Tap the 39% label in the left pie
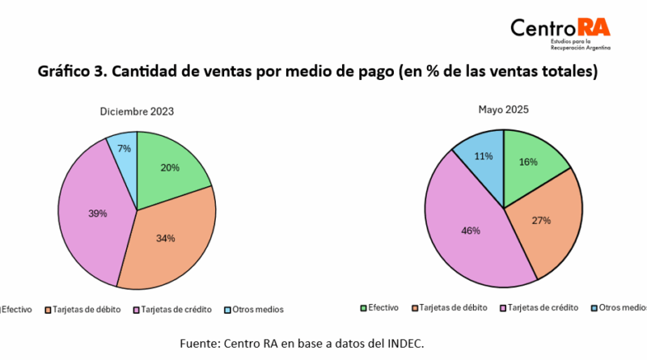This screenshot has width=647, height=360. [x=98, y=214]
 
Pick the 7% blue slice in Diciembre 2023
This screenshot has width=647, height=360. [x=124, y=149]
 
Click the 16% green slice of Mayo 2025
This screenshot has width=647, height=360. [x=528, y=162]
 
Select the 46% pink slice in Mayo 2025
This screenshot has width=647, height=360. [x=471, y=231]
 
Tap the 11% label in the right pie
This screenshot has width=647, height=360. [x=484, y=157]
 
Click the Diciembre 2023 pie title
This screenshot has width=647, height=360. [x=137, y=112]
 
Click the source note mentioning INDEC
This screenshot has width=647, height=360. [x=302, y=344]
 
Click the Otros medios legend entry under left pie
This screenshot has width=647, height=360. [x=254, y=309]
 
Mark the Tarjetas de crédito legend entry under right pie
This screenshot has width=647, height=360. [x=539, y=307]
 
